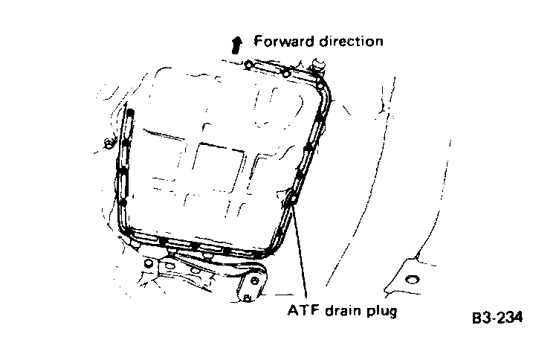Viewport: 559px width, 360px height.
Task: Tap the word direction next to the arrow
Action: (349, 41)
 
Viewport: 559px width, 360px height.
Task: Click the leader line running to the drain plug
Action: (300, 253)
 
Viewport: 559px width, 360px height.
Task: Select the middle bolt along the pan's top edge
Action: (285, 72)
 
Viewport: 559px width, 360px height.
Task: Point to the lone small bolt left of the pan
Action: (109, 143)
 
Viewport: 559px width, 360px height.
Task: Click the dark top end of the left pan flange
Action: (131, 114)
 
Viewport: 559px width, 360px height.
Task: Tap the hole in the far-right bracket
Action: (411, 280)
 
